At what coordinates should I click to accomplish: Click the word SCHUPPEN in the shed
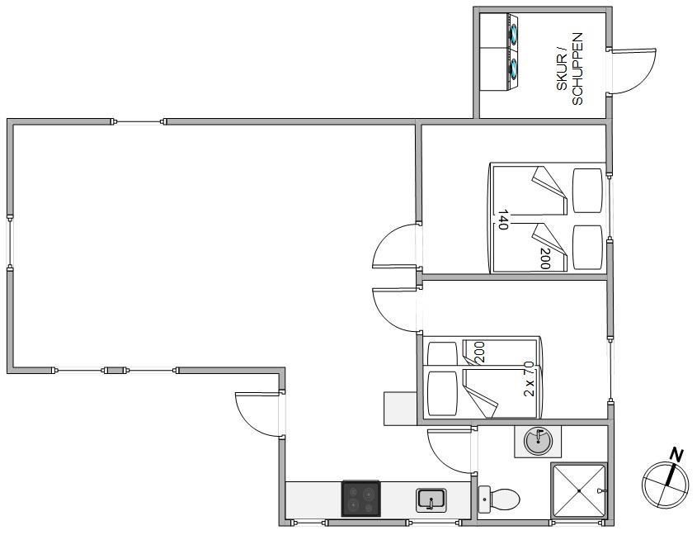(x=577, y=69)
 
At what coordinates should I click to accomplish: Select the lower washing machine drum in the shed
(x=515, y=68)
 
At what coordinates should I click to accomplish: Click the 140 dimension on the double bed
(x=503, y=219)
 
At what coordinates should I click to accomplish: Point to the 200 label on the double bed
(x=544, y=258)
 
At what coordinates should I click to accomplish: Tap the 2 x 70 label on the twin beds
(x=529, y=379)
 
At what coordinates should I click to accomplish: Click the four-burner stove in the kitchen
(x=360, y=499)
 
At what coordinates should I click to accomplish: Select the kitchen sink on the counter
(x=431, y=499)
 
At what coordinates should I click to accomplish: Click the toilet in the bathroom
(x=498, y=499)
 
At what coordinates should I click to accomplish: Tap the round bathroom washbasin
(x=538, y=441)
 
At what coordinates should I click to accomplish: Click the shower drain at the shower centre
(x=579, y=490)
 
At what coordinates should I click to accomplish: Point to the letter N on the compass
(x=676, y=456)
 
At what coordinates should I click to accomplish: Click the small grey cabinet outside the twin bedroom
(x=400, y=409)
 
